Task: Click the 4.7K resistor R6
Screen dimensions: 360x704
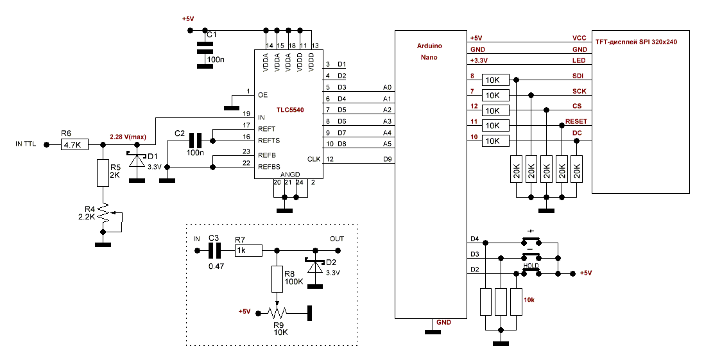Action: [74, 146]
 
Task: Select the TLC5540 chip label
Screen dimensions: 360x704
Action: [289, 110]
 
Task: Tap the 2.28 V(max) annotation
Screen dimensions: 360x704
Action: [128, 137]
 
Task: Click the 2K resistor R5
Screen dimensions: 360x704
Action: [103, 173]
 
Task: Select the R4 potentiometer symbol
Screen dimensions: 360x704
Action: [103, 217]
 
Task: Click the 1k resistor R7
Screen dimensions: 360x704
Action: [248, 250]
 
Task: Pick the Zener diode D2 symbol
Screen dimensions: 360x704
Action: [314, 266]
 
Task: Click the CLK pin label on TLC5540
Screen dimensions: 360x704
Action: [313, 159]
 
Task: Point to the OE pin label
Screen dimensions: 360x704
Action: [262, 95]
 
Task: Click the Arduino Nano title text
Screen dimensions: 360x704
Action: [429, 52]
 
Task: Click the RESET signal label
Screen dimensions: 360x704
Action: [576, 121]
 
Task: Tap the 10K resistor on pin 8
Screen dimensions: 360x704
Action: [494, 80]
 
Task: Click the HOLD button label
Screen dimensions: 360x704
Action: [531, 265]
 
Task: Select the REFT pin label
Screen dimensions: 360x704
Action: [266, 129]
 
